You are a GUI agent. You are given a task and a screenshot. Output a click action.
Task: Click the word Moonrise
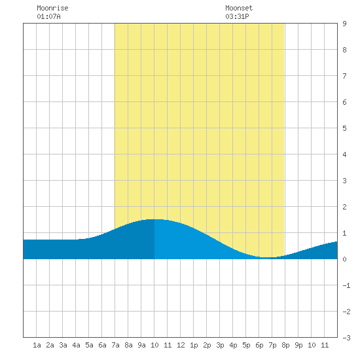pos(52,8)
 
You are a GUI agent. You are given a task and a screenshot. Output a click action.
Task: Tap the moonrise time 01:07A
pos(48,16)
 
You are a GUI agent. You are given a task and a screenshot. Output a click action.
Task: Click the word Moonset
pos(239,8)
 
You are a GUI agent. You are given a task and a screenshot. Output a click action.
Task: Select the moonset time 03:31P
pos(237,16)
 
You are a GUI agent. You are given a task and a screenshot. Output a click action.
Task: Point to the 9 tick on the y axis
pos(344,24)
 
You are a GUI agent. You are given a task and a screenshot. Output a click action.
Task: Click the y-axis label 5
pos(344,128)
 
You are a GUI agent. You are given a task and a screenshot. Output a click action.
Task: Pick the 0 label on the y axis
pos(344,259)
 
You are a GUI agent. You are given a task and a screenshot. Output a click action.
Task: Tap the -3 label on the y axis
pos(346,338)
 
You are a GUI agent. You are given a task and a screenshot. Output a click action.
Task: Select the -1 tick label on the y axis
pos(346,285)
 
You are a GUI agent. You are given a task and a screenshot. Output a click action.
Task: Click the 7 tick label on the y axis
pos(344,76)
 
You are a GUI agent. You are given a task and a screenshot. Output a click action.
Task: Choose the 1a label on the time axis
pos(37,345)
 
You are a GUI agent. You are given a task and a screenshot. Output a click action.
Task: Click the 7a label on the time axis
pos(115,345)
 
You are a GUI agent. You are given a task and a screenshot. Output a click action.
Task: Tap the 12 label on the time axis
pos(181,345)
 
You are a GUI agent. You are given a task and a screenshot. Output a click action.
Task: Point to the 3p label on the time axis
pos(220,345)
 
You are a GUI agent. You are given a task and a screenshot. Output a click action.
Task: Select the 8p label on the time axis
pos(285,345)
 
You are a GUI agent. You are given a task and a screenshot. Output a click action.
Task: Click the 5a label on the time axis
pos(89,345)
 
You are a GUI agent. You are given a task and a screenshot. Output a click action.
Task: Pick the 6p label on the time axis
pos(259,345)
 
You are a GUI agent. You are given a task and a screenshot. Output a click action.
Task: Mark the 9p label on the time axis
pos(298,345)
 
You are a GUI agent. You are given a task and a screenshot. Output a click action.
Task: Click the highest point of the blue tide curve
pos(154,219)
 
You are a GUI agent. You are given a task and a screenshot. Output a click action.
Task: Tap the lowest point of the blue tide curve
pos(266,258)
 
